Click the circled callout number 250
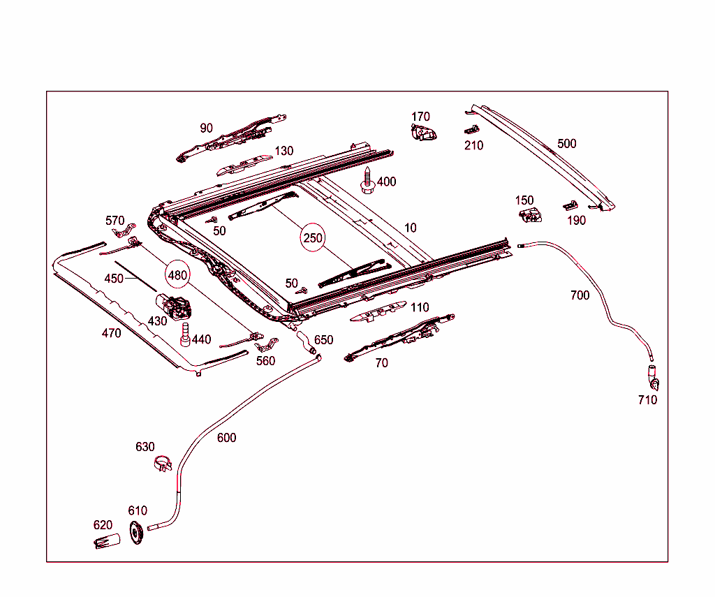pyautogui.click(x=313, y=237)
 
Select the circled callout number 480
pyautogui.click(x=177, y=275)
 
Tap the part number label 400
pyautogui.click(x=386, y=182)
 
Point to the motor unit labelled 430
pyautogui.click(x=174, y=306)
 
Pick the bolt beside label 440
pyautogui.click(x=185, y=334)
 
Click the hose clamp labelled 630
pyautogui.click(x=162, y=464)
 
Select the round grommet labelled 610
pyautogui.click(x=136, y=532)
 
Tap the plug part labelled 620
pyautogui.click(x=107, y=541)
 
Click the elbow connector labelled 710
pyautogui.click(x=654, y=378)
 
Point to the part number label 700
pyautogui.click(x=580, y=295)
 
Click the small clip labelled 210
pyautogui.click(x=472, y=130)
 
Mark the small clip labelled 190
pyautogui.click(x=570, y=206)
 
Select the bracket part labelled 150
pyautogui.click(x=531, y=215)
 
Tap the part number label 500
pyautogui.click(x=567, y=144)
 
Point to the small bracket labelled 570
pyautogui.click(x=124, y=230)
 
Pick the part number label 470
pyautogui.click(x=111, y=333)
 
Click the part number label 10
pyautogui.click(x=411, y=228)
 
